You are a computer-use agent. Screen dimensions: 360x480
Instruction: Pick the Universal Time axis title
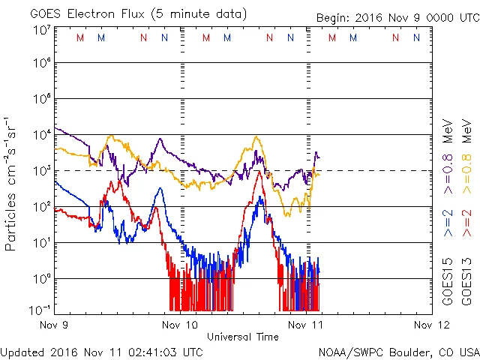pos(242,337)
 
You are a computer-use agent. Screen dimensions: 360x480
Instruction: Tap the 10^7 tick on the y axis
pos(41,29)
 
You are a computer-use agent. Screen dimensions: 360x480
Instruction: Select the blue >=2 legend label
pos(448,223)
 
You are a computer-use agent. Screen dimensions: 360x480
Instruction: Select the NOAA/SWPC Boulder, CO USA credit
pos(398,351)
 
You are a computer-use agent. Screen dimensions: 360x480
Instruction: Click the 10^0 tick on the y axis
pos(41,277)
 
